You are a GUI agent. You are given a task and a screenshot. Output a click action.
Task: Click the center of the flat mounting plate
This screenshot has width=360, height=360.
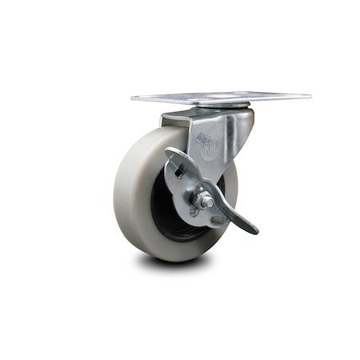[220, 97]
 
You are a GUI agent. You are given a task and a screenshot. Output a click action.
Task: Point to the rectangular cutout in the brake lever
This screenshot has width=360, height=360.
[182, 170]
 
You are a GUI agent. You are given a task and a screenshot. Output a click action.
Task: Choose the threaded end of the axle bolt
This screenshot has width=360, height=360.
[209, 199]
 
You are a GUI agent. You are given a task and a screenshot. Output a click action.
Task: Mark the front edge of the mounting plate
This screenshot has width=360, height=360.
[216, 102]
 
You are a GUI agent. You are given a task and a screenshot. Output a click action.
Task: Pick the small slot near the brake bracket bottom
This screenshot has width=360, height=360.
[193, 212]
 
